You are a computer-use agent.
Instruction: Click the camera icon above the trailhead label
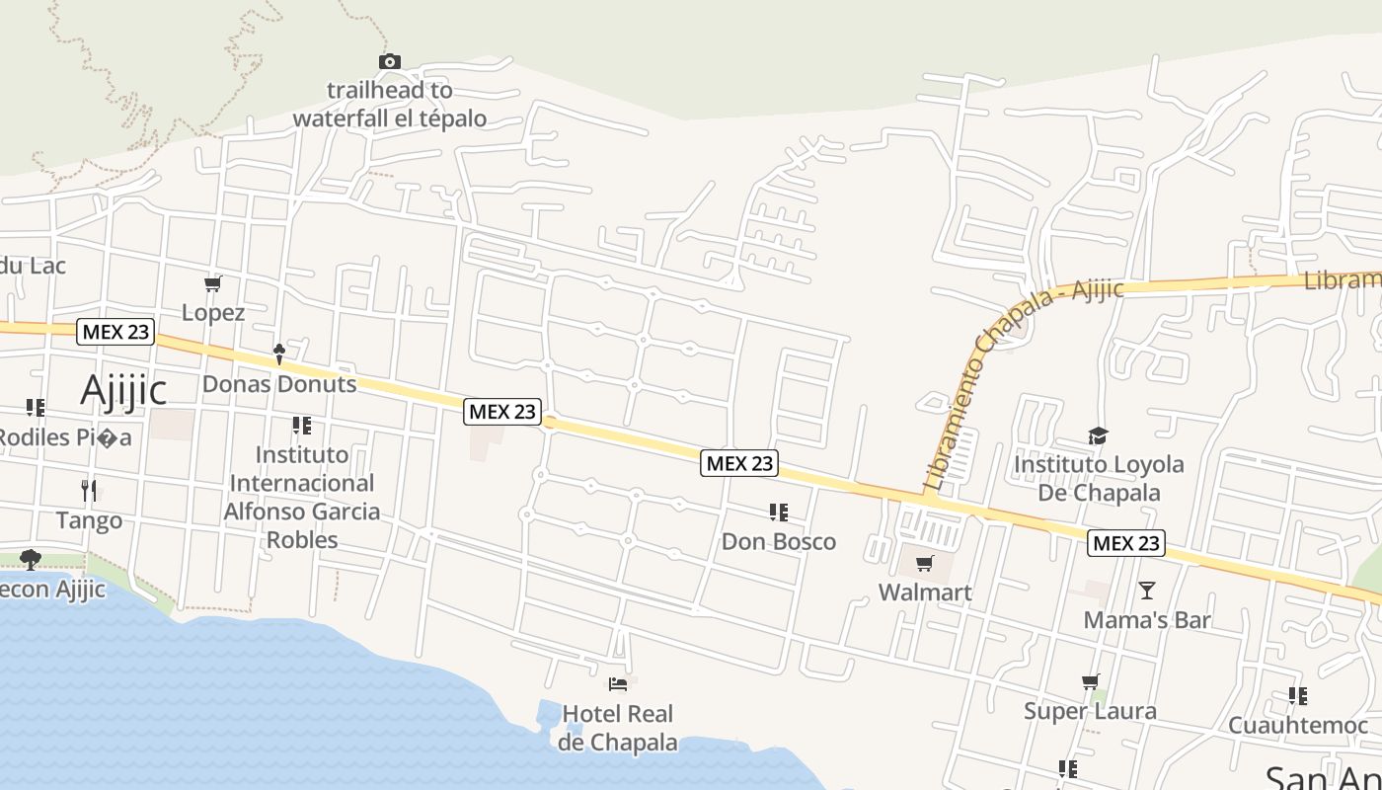390,62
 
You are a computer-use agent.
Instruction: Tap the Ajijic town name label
123,390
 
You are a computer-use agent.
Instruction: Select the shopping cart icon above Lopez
212,284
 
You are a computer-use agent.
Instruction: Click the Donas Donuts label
279,384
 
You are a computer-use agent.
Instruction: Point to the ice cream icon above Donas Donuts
279,353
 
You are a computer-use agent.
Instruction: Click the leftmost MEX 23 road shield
116,332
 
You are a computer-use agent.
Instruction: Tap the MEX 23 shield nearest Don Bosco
739,463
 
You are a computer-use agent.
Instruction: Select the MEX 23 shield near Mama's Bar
1126,543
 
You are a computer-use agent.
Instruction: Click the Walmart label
925,592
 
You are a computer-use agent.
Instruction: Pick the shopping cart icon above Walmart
925,564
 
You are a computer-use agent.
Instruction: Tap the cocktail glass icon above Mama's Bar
1146,591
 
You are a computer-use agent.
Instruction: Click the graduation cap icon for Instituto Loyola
1098,435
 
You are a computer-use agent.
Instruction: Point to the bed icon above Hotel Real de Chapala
618,683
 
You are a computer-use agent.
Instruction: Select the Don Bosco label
779,541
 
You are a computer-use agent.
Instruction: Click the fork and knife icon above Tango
89,490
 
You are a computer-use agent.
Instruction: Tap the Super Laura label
1090,711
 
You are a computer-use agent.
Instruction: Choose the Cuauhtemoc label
1298,726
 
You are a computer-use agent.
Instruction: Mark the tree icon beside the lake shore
31,560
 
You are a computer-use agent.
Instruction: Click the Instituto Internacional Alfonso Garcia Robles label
301,497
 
